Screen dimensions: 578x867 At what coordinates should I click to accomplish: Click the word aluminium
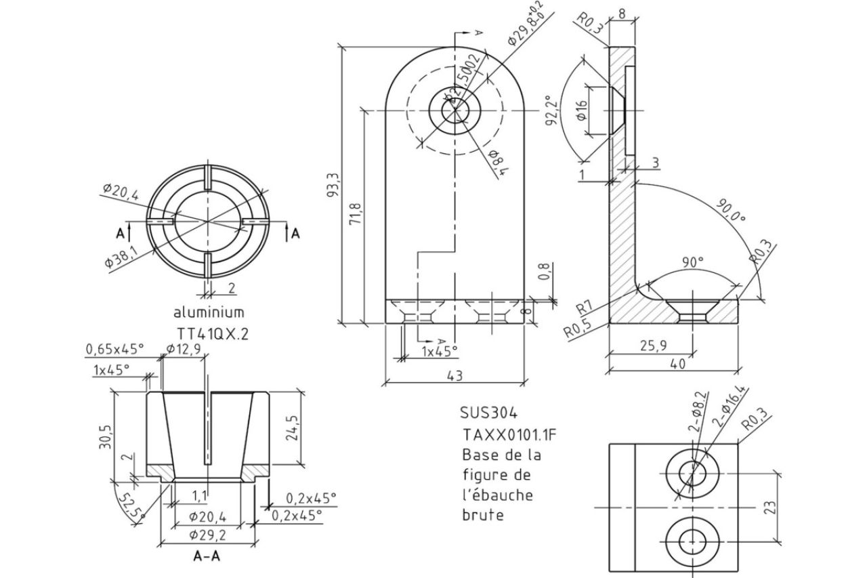coord(209,312)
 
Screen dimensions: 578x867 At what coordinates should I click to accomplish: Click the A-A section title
coord(209,558)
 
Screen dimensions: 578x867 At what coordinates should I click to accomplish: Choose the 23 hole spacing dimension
coord(769,507)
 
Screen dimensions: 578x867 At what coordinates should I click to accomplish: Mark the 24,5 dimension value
coord(293,428)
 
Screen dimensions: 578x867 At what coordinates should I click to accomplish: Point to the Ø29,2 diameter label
coord(207,535)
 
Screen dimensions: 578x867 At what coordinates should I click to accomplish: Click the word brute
coord(483,515)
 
